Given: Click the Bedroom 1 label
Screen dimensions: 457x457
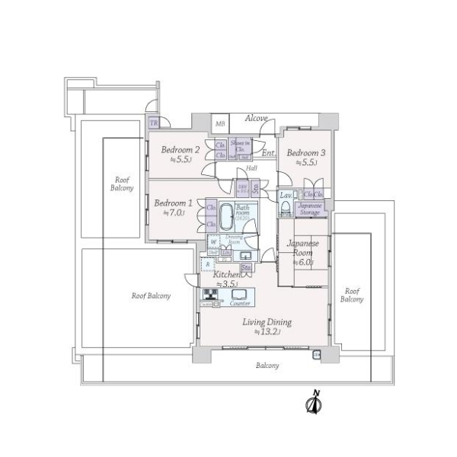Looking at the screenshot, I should click(x=172, y=203).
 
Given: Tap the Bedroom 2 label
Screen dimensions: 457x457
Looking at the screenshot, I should click(x=180, y=150).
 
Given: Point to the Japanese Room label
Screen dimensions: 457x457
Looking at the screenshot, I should click(x=302, y=248).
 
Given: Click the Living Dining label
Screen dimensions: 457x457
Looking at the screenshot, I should click(x=267, y=322).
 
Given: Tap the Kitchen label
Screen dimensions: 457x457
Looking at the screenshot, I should click(x=227, y=274).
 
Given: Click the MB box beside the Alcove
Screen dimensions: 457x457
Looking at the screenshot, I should click(x=220, y=123).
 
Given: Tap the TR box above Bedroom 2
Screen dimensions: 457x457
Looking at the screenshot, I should click(x=154, y=123).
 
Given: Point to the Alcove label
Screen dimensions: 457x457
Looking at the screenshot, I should click(x=256, y=119).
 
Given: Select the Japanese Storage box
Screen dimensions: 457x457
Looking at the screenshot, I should click(x=309, y=209).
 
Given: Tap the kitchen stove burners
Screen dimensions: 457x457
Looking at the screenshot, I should click(x=210, y=296).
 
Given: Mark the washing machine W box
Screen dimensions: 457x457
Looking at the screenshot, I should click(x=213, y=242).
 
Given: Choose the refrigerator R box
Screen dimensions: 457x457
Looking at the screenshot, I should click(x=208, y=264).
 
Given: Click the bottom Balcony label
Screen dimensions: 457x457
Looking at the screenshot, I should click(x=267, y=366).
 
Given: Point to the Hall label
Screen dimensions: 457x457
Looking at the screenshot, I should click(x=250, y=168).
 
